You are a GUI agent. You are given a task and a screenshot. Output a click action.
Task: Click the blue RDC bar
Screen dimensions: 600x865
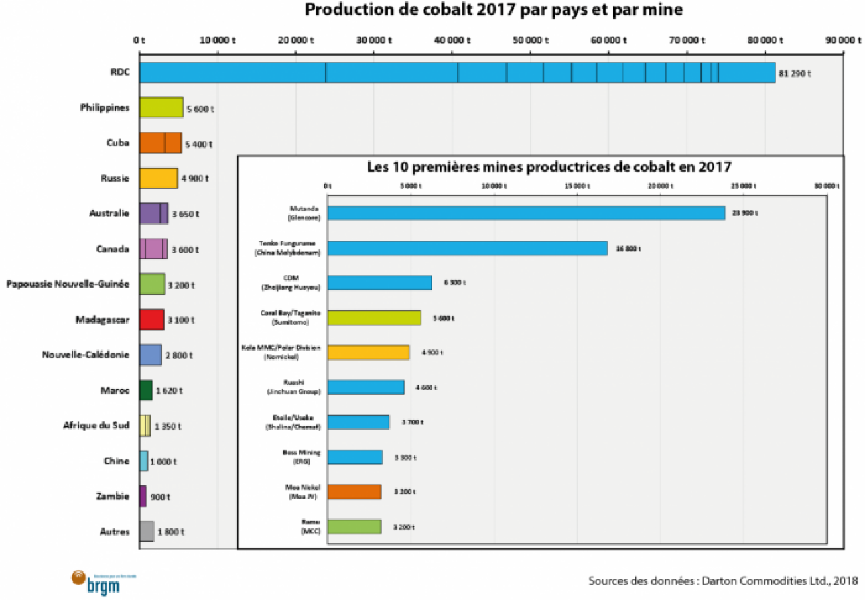pos(457,72)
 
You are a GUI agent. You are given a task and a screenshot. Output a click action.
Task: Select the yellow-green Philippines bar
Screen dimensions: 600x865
pos(161,107)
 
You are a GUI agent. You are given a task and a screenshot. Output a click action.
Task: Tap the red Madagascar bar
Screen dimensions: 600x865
pos(151,320)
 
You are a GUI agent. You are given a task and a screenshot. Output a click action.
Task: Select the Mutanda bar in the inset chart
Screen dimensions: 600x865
pos(525,213)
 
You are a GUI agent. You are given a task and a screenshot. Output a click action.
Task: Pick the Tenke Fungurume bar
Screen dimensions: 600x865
pos(467,248)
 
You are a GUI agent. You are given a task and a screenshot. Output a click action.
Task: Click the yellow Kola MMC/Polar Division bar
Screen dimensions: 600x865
pos(368,352)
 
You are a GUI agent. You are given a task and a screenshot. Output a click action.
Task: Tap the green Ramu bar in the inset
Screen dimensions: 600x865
pos(354,526)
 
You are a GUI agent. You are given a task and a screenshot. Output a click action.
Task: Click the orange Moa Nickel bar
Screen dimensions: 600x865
pos(354,491)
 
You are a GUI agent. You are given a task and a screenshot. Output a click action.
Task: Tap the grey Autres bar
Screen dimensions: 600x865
pos(147,532)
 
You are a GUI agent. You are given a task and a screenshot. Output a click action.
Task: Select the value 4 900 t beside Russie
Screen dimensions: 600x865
pos(197,179)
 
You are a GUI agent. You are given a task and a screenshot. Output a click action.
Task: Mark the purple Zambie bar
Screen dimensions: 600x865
pos(143,496)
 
